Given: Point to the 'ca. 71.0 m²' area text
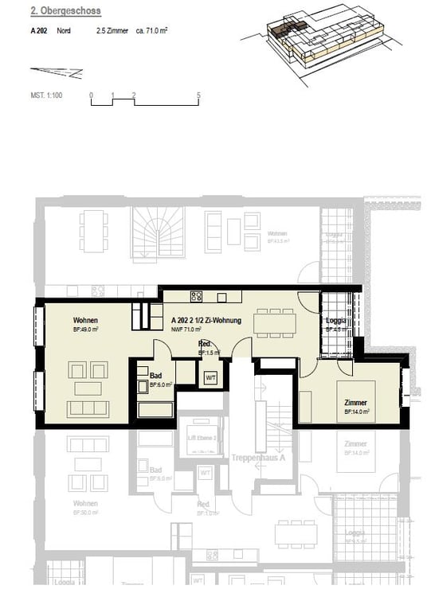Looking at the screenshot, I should [151, 31].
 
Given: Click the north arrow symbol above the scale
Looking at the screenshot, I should [65, 72].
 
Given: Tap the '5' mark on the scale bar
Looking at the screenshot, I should [198, 95].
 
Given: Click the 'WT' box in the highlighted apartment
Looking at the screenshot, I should [211, 378].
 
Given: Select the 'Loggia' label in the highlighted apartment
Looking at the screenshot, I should [335, 321].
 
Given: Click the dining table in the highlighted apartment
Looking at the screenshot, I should [275, 322].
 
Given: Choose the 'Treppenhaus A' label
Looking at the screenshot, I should [254, 459].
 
